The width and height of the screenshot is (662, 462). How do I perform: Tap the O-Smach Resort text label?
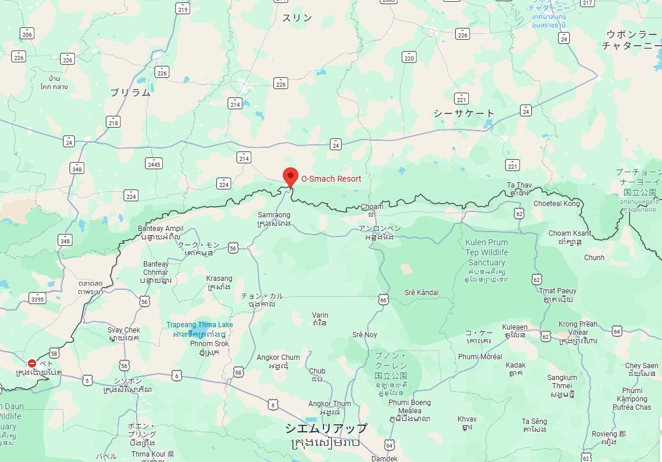(x=331, y=178)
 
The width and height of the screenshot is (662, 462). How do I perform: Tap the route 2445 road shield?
(x=153, y=163)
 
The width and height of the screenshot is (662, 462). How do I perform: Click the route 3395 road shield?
(x=37, y=299)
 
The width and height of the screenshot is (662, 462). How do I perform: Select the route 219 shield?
(x=182, y=8)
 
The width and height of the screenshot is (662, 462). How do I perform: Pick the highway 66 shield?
(x=383, y=300)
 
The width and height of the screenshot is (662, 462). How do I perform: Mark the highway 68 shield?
(x=238, y=372)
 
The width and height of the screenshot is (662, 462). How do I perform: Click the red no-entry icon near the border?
(x=32, y=363)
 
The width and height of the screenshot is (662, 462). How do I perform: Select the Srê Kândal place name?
(x=421, y=293)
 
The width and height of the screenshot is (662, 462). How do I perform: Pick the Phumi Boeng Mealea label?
(x=409, y=407)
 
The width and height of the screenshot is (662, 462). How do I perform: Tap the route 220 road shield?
(x=409, y=57)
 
